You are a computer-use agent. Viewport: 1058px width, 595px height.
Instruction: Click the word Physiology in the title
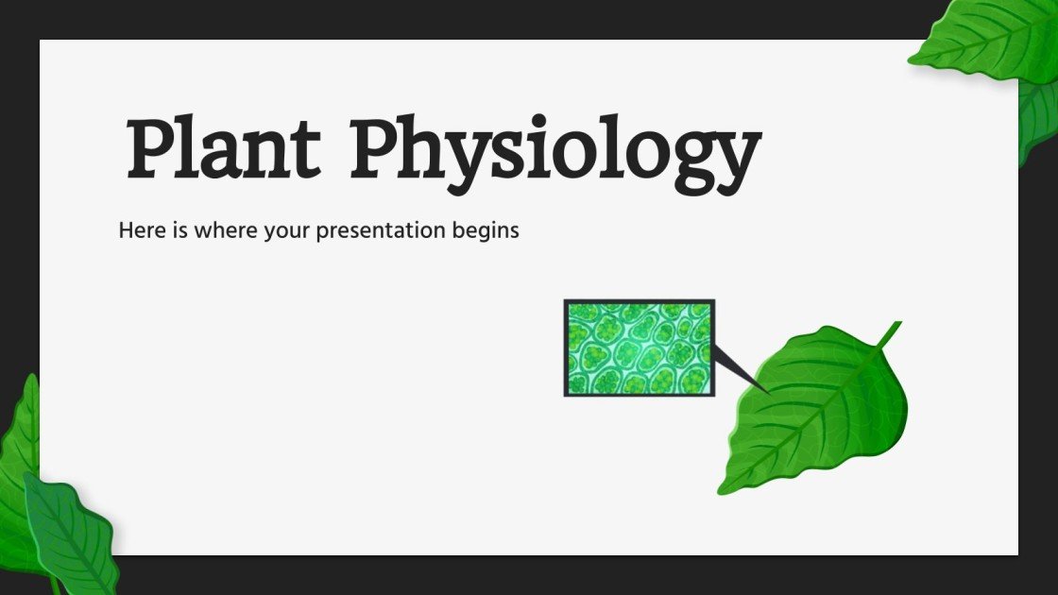tap(555, 151)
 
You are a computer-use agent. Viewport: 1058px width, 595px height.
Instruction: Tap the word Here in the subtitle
tap(140, 230)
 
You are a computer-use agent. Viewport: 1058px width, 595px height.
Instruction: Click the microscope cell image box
tap(639, 348)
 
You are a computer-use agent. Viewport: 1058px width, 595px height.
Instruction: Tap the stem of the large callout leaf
tap(889, 333)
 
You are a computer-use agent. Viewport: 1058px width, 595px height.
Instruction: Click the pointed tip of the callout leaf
tap(724, 489)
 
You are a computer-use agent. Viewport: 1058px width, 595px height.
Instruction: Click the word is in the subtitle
tap(179, 230)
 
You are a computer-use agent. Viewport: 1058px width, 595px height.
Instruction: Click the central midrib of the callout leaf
tap(812, 411)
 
